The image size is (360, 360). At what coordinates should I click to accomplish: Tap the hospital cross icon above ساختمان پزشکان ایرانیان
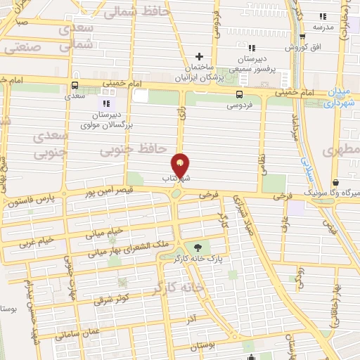tap(200, 56)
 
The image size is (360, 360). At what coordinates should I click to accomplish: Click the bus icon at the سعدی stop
tap(74, 86)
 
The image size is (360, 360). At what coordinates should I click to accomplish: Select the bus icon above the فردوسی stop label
tap(240, 94)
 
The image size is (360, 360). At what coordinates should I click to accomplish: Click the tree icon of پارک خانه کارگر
tap(196, 247)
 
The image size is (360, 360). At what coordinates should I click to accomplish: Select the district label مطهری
tap(342, 150)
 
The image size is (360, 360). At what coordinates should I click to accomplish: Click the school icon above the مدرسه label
tap(323, 16)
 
